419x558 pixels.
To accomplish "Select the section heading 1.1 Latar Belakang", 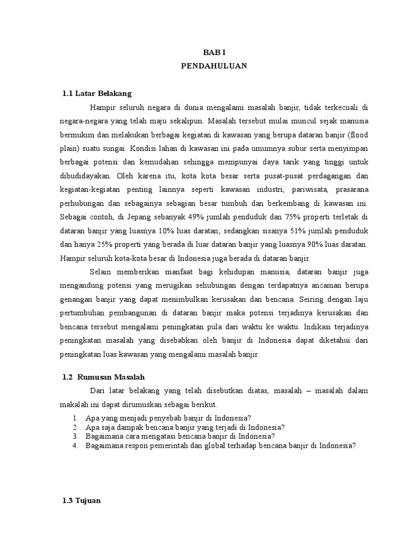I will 97,93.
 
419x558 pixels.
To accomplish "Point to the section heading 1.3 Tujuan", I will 82,500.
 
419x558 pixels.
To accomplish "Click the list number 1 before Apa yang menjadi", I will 75,417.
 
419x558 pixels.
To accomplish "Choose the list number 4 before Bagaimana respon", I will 75,445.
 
